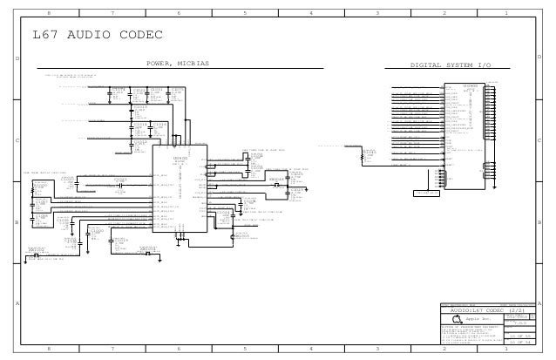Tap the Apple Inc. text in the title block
(x=482, y=320)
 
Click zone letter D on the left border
(x=18, y=58)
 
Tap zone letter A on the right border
(x=539, y=303)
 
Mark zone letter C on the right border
(x=539, y=139)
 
